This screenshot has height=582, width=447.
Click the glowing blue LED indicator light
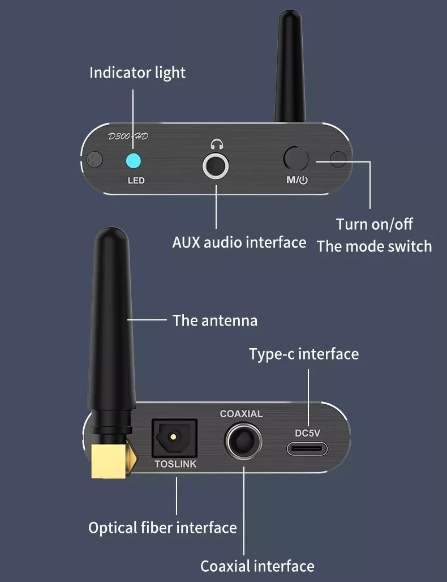133,161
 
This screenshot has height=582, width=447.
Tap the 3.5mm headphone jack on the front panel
216,165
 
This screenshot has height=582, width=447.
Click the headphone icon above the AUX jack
217,144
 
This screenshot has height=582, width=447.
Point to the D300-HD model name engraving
128,136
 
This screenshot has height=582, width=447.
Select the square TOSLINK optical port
174,439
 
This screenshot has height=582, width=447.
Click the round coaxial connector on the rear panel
243,441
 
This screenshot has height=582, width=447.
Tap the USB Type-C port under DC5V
307,448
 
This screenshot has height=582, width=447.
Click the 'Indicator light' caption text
137,72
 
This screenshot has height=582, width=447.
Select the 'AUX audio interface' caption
239,242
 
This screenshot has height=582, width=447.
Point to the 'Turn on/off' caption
375,224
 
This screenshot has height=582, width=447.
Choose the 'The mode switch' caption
375,246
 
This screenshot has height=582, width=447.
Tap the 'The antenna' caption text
215,320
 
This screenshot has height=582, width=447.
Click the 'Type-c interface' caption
304,354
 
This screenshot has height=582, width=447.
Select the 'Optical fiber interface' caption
162,528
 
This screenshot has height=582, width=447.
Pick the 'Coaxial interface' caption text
257,566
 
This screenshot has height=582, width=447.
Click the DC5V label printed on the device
307,433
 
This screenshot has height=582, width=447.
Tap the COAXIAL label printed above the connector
241,414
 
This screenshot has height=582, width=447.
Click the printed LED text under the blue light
136,181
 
